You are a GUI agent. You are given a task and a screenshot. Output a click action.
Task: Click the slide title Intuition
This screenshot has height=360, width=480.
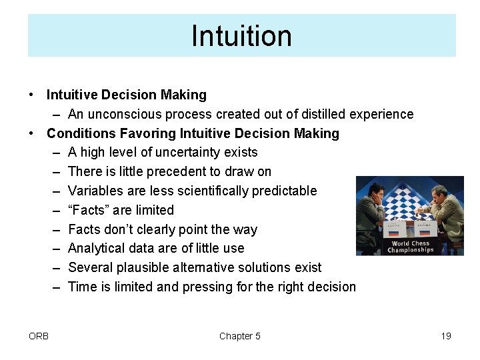(241, 36)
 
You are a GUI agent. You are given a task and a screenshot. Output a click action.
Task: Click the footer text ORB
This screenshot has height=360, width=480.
(39, 336)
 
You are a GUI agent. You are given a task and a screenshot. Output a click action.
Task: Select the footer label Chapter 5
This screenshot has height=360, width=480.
(240, 336)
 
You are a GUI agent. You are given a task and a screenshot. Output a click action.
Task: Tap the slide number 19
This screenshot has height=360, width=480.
(446, 336)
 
